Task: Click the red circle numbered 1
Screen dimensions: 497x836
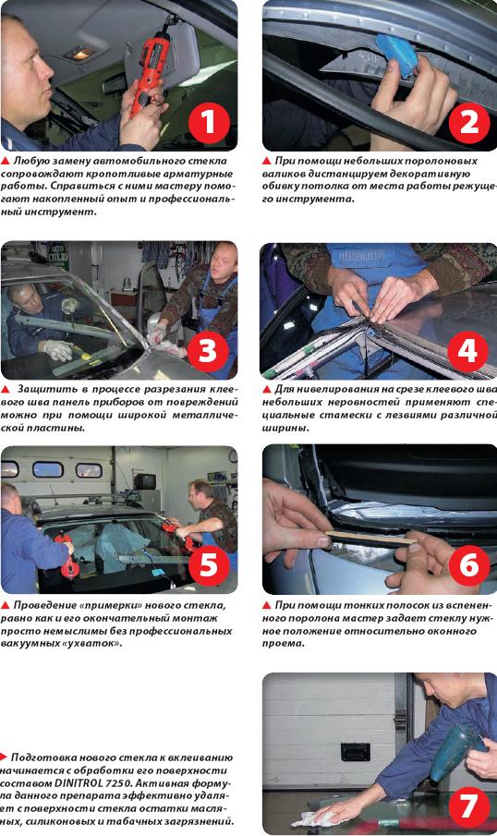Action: pos(209,122)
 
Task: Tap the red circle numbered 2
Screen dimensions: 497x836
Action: pos(469,122)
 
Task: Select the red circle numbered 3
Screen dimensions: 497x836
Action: pos(207,351)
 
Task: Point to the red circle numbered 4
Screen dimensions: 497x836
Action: pos(467,351)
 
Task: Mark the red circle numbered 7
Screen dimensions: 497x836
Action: pos(469,806)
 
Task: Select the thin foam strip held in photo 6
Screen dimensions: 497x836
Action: pos(371,538)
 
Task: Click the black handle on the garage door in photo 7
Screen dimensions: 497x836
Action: pos(355,751)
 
